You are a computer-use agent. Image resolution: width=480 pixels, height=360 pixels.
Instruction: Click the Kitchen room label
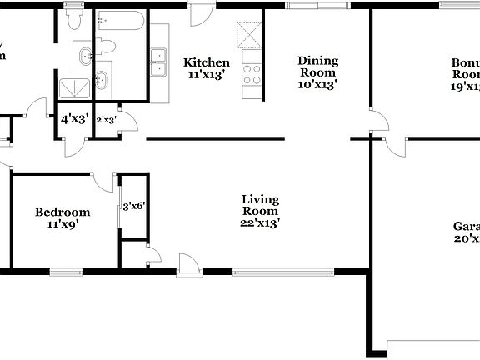[x=207, y=62]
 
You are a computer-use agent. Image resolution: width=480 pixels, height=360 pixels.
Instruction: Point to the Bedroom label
[x=62, y=212]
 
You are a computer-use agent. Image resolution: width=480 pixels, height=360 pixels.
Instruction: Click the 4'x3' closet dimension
[x=74, y=119]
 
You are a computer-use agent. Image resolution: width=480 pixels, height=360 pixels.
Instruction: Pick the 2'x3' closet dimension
[x=106, y=120]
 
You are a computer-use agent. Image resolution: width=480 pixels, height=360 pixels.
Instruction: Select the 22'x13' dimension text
[x=260, y=222]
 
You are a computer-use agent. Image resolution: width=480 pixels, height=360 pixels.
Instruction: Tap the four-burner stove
[x=251, y=73]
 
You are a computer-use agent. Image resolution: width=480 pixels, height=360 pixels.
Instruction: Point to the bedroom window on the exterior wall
[x=66, y=271]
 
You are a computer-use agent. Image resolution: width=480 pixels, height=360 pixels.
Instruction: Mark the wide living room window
[x=283, y=271]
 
